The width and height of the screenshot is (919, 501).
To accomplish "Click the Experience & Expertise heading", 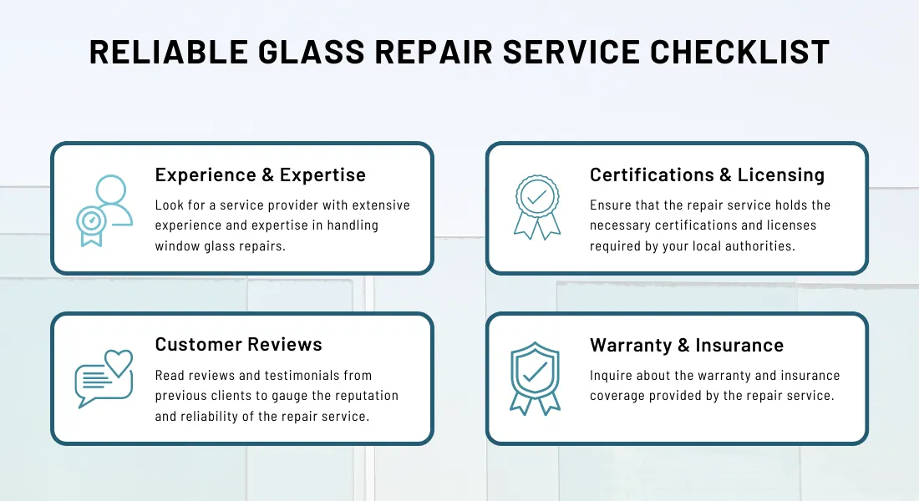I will [x=261, y=175].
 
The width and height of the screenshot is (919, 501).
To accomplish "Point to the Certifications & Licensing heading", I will [x=707, y=175].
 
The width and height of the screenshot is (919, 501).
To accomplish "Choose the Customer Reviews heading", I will [x=238, y=344].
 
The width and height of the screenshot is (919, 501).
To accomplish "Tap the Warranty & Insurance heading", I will [x=686, y=345].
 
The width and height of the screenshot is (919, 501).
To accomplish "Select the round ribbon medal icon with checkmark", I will [x=536, y=207].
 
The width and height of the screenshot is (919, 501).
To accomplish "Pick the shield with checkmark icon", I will [x=535, y=378].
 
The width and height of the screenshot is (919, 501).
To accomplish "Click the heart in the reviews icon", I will [x=119, y=362].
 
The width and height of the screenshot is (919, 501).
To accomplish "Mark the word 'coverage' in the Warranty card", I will [x=620, y=395].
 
